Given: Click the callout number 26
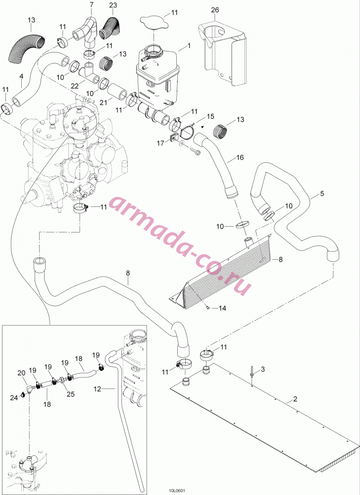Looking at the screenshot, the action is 215,10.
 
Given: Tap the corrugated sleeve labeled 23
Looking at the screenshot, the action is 109,27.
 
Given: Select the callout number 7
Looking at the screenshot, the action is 92,5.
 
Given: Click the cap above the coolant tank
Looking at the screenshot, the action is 154,23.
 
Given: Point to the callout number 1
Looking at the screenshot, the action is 189,46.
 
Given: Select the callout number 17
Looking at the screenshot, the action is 161,144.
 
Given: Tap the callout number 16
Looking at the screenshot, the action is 240,157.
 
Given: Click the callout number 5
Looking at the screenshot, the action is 322,194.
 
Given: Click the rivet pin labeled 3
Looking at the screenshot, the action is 252,374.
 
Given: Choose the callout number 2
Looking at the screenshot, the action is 295,399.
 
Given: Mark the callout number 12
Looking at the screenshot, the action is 97,389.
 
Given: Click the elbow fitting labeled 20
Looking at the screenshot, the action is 29,389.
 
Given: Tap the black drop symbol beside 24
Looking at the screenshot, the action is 23,395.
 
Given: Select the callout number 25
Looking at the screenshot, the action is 70,395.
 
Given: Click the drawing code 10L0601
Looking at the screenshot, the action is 177,491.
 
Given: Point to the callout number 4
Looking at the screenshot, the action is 21,76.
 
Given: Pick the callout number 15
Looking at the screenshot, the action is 210,116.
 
